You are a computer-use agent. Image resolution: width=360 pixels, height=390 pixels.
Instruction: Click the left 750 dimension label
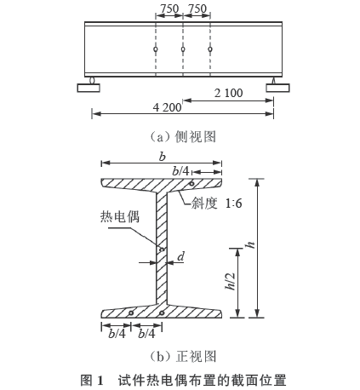169,9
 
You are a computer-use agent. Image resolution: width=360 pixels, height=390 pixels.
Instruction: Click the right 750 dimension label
197,9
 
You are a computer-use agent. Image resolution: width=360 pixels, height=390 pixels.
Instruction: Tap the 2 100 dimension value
228,93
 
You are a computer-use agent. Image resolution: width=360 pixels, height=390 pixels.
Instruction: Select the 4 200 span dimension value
167,107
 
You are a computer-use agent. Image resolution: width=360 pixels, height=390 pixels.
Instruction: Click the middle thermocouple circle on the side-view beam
183,49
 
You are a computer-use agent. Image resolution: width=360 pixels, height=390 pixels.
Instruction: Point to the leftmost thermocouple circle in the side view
156,49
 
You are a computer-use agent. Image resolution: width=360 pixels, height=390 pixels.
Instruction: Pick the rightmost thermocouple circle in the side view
210,49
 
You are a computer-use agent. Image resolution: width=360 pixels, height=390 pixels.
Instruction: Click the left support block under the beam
89,88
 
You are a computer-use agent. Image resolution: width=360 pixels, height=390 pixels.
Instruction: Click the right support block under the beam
277,88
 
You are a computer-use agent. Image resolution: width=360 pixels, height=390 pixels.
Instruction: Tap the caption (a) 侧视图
183,137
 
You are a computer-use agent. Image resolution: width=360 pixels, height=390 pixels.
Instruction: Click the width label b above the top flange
162,157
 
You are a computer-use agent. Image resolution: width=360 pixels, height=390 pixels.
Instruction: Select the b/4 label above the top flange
180,171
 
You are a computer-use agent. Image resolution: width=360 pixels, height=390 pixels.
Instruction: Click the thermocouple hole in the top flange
191,184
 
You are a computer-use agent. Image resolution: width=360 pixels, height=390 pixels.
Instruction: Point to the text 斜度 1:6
216,204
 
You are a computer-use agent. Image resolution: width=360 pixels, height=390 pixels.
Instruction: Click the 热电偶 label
120,217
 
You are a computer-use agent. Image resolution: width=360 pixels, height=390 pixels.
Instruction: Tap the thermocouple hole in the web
162,249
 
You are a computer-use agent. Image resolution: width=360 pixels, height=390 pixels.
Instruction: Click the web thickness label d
180,256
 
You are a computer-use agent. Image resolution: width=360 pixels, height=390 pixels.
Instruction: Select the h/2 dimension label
230,281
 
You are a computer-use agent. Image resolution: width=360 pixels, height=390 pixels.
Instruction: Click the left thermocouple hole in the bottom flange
131,313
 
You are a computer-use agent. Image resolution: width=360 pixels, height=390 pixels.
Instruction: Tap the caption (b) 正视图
183,357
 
